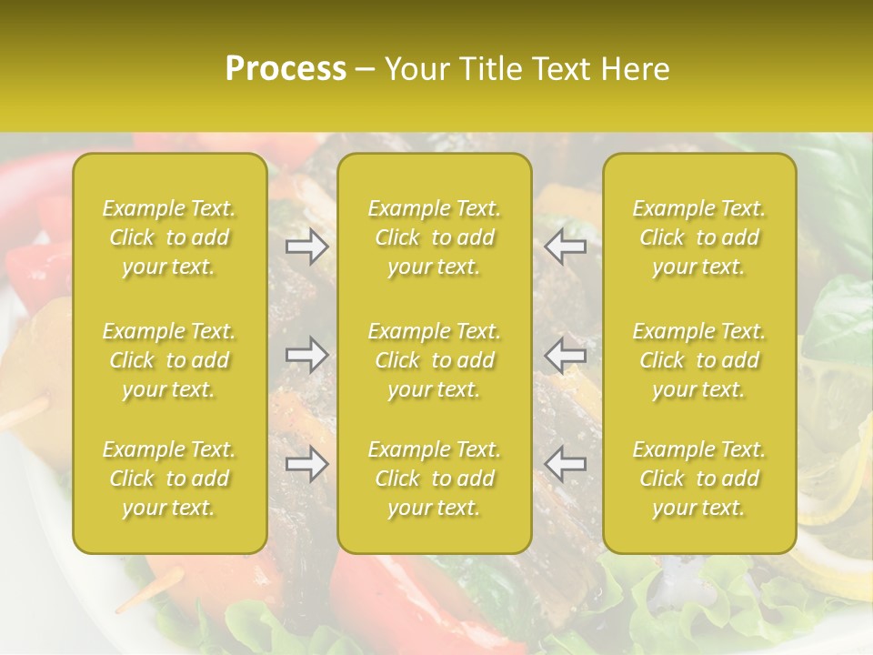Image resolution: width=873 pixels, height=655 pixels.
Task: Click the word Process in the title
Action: [x=286, y=69]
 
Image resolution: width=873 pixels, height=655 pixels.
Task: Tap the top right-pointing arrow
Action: [x=306, y=247]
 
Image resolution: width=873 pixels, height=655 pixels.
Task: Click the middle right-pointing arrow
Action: [x=306, y=355]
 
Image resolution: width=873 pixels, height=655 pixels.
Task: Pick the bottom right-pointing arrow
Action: [x=306, y=464]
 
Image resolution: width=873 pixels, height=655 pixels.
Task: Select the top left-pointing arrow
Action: [x=566, y=247]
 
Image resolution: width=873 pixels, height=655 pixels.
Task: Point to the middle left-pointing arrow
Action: [x=566, y=355]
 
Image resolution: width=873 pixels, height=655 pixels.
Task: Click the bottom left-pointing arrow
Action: [x=566, y=464]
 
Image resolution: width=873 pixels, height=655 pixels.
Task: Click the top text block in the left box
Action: [x=169, y=237]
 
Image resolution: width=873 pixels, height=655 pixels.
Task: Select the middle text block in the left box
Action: [x=169, y=360]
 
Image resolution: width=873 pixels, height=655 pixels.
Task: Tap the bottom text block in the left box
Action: [x=169, y=479]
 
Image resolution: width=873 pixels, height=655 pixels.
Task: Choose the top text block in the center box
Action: [x=434, y=237]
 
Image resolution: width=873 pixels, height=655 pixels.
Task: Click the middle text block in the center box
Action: [x=434, y=360]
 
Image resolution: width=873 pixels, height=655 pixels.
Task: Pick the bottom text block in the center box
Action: [x=434, y=479]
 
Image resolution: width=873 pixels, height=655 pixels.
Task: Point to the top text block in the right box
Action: [x=699, y=237]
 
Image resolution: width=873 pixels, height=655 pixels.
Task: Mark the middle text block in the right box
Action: [x=699, y=360]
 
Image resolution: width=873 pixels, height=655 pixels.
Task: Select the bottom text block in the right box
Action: [x=699, y=479]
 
